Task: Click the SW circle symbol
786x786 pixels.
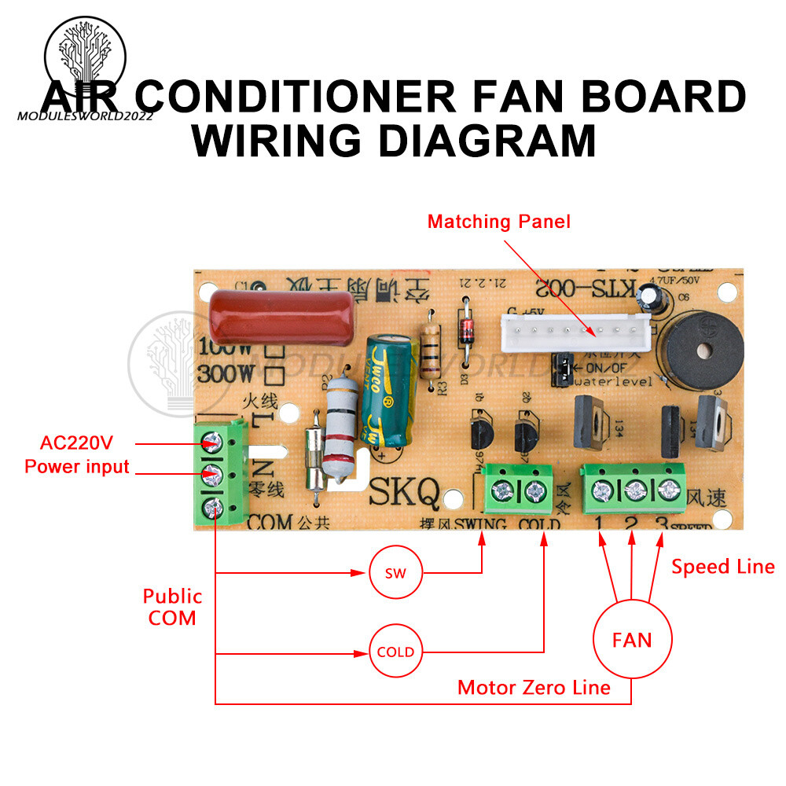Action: click(396, 573)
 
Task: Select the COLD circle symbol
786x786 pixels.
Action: click(396, 652)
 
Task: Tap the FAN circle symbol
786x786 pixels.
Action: click(632, 640)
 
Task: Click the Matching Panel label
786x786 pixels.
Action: click(499, 222)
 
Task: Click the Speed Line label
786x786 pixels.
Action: click(722, 567)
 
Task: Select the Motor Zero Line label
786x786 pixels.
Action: click(534, 688)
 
